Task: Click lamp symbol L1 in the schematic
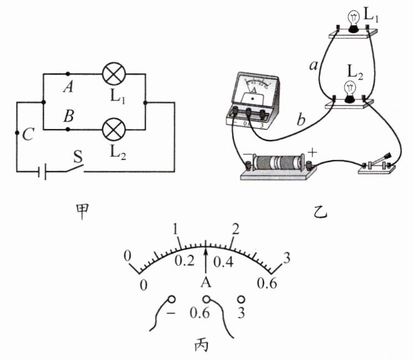coord(115,73)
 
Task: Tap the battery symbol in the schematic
coord(42,172)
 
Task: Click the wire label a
coord(313,66)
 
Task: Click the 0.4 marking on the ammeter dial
coord(224,261)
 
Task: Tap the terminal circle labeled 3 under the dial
coord(241,299)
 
